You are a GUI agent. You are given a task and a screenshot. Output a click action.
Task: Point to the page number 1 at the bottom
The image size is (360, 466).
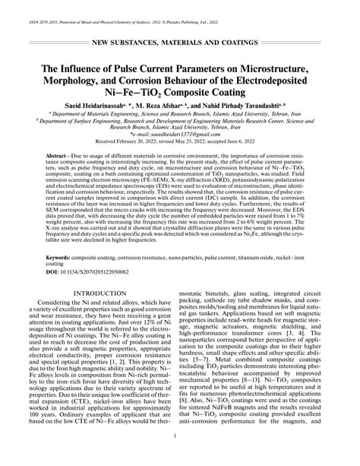pyautogui.click(x=179, y=456)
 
